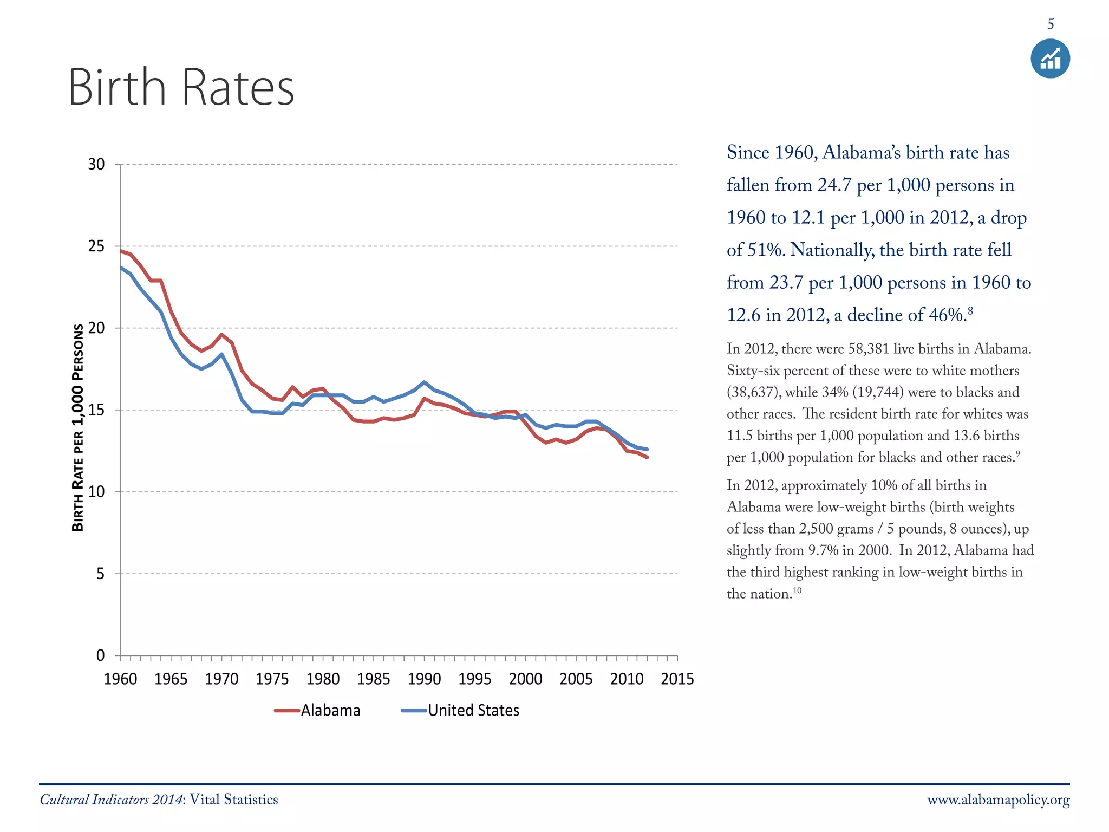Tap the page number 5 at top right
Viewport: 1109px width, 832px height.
click(x=1051, y=24)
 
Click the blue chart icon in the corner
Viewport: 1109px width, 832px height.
click(x=1050, y=58)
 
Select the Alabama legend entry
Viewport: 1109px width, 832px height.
click(x=317, y=710)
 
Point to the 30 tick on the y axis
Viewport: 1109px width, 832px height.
click(x=96, y=165)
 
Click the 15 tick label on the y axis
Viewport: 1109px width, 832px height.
click(x=96, y=410)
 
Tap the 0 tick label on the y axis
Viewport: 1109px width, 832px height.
click(x=100, y=655)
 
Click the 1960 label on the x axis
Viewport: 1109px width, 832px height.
click(x=120, y=679)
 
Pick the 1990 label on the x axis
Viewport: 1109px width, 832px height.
click(x=424, y=679)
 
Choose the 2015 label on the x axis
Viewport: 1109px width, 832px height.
click(x=677, y=679)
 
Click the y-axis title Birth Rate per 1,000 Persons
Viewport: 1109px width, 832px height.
click(x=79, y=428)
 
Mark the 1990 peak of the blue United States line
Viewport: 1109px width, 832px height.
click(x=424, y=382)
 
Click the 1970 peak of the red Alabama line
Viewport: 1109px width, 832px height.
click(x=221, y=335)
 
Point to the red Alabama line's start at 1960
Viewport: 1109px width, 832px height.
click(x=121, y=251)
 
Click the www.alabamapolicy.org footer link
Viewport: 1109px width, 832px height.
click(x=998, y=800)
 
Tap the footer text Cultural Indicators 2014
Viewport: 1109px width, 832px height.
click(x=111, y=800)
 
